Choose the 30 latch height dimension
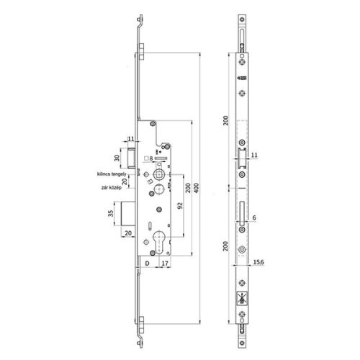pos(117,158)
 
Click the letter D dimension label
pos(146,264)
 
